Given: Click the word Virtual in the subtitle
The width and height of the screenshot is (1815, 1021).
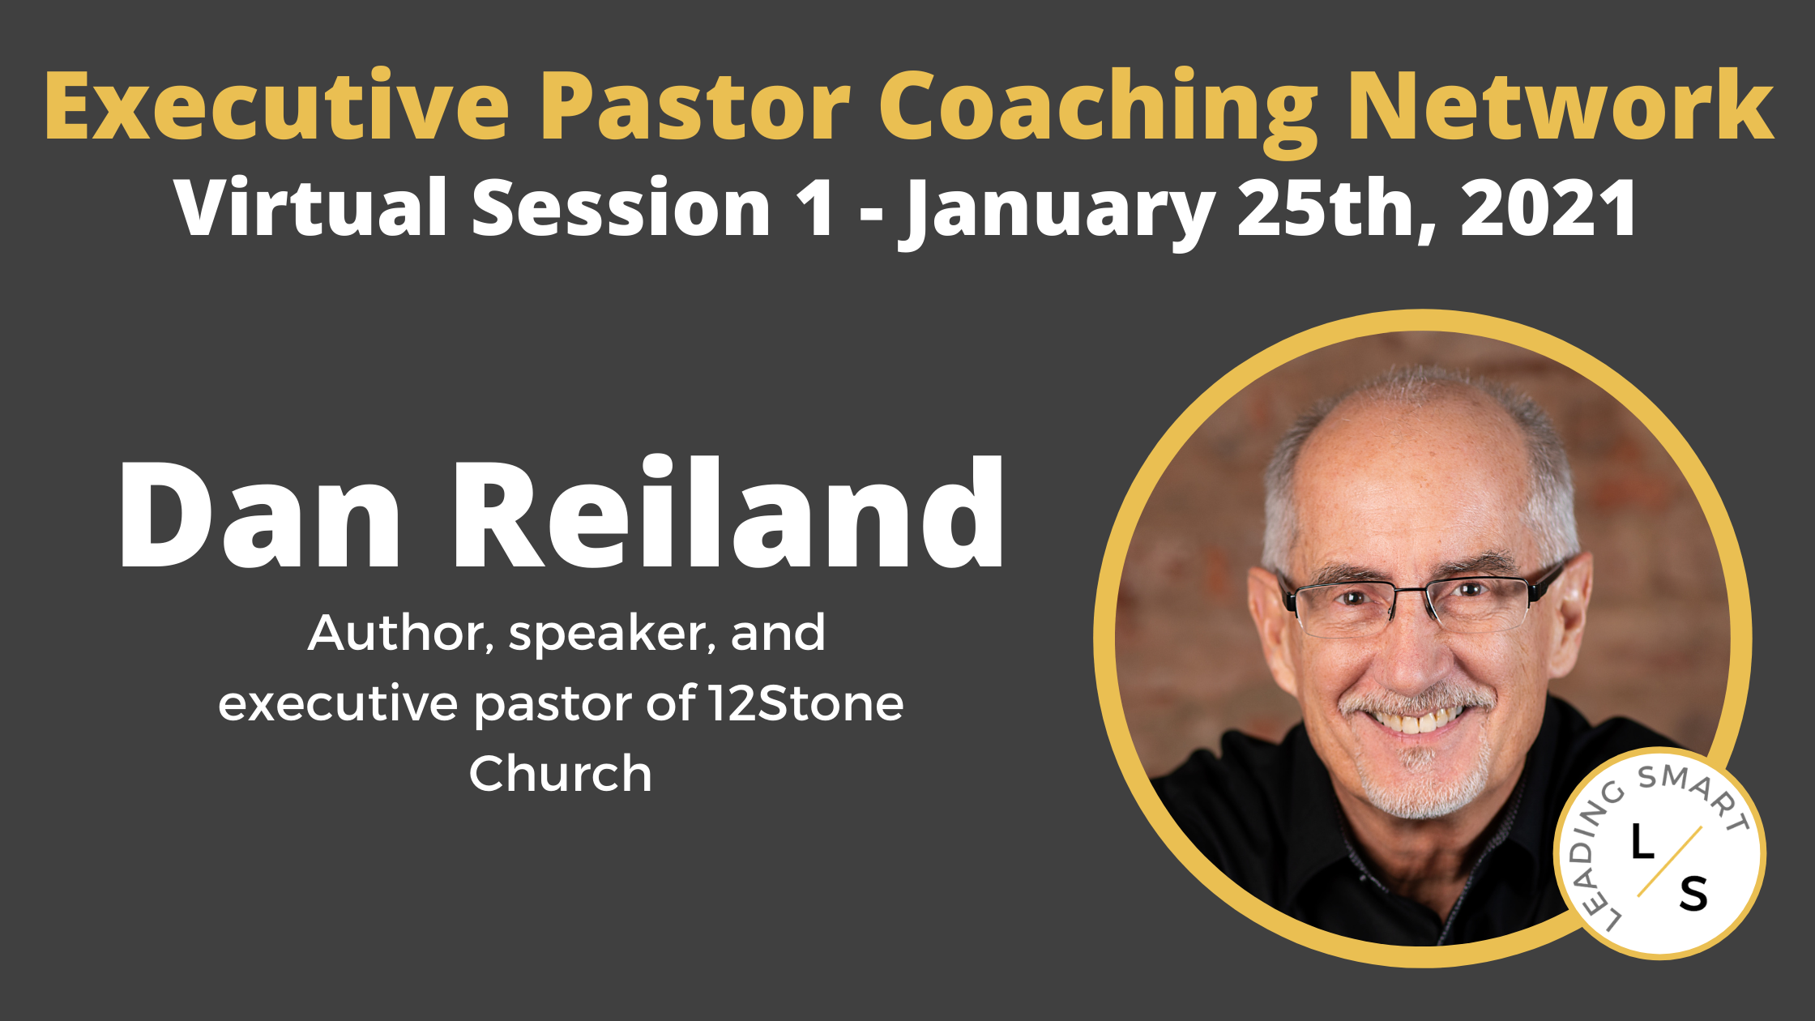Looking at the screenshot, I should point(311,207).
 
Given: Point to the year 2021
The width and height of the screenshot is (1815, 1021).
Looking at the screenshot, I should point(1548,207).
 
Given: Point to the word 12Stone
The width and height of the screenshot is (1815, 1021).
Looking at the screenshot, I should point(805,703).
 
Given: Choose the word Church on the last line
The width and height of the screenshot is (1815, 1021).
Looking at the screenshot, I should point(561,774).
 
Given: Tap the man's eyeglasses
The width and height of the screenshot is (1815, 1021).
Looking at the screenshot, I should point(1414,604).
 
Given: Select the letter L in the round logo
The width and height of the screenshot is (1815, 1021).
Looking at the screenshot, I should point(1642,843).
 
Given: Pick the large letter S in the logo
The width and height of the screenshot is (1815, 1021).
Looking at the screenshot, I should point(1693,895).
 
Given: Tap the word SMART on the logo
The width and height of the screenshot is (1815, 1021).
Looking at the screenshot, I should point(1693,793).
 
